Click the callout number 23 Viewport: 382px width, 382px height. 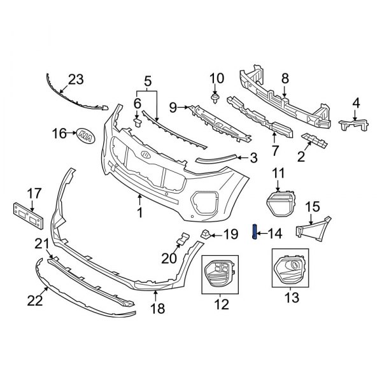(76, 80)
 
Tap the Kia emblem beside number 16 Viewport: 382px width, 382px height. (84, 134)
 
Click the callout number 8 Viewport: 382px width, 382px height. (285, 78)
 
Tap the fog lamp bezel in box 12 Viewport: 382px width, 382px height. (219, 274)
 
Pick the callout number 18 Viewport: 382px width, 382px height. (157, 309)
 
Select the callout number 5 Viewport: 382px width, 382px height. (147, 81)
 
